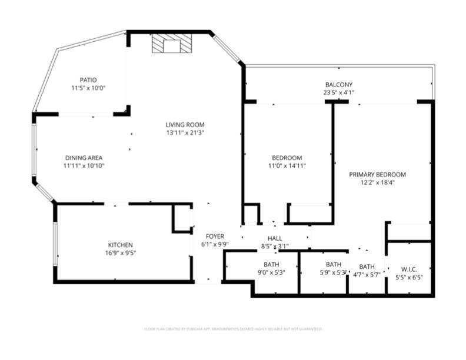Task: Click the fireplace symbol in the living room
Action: (171, 45)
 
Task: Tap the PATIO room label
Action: (88, 80)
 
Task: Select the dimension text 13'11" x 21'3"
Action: (184, 132)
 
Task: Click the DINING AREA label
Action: (84, 158)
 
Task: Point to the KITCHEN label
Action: (120, 245)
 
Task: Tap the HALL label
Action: (275, 238)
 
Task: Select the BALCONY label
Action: (338, 84)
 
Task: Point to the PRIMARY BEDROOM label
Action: (377, 175)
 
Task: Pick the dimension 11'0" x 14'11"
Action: (287, 166)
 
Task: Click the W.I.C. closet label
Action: (410, 268)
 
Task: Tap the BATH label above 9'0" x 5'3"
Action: (271, 264)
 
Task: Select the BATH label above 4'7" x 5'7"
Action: (367, 266)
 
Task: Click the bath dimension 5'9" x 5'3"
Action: (333, 272)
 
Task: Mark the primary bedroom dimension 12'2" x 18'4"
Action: (377, 183)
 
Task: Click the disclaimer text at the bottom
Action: (233, 329)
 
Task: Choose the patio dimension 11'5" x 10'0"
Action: (88, 88)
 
